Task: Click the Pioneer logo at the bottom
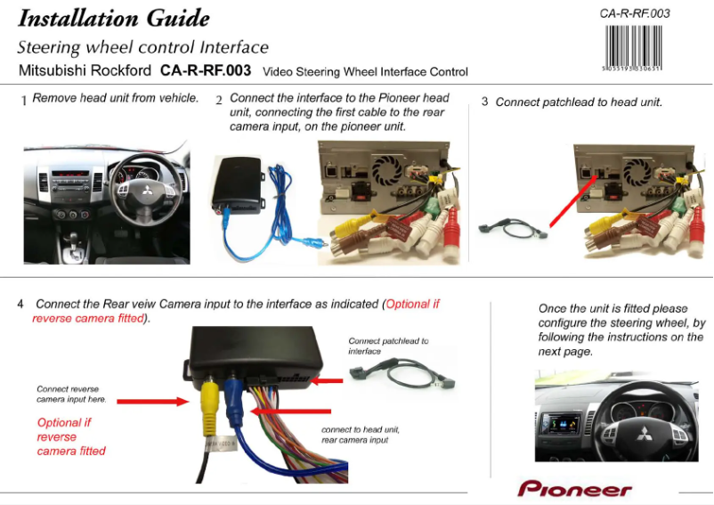pyautogui.click(x=574, y=489)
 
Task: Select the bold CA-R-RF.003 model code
pyautogui.click(x=206, y=70)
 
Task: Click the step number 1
pyautogui.click(x=24, y=101)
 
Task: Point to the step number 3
pyautogui.click(x=484, y=102)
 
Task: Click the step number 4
pyautogui.click(x=20, y=304)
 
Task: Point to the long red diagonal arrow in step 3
pyautogui.click(x=571, y=197)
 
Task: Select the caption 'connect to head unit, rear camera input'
pyautogui.click(x=360, y=435)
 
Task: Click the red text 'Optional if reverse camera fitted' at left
pyautogui.click(x=70, y=436)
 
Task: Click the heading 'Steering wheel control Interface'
pyautogui.click(x=142, y=47)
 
